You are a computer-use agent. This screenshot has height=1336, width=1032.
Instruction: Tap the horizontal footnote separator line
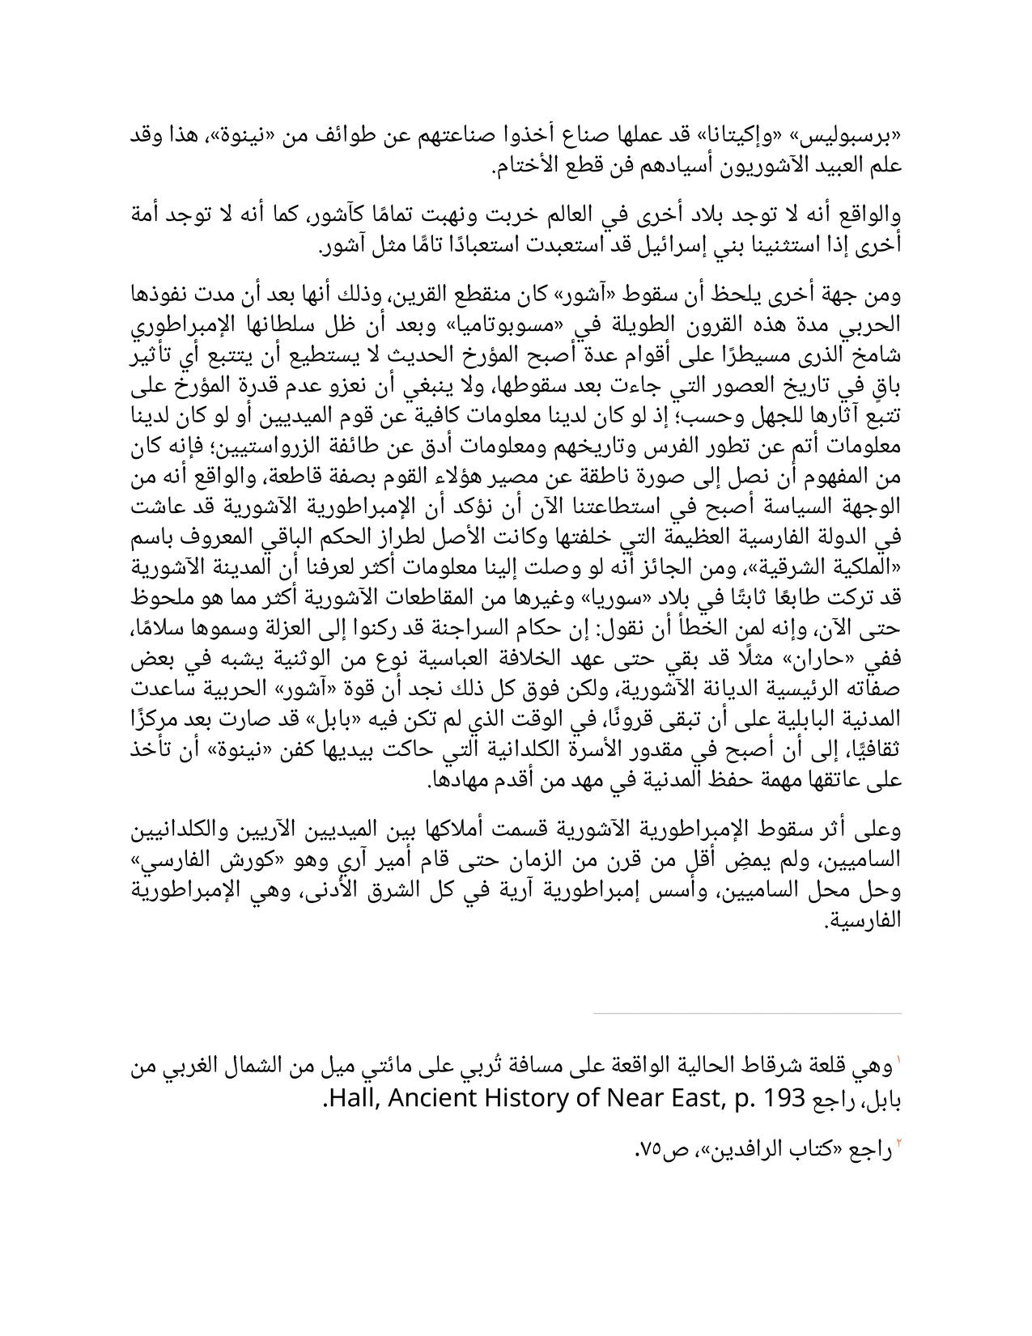tap(747, 1012)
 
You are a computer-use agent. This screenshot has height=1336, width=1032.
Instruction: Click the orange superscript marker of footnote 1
tap(898, 1060)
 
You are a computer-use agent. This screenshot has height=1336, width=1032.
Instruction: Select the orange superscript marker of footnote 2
tap(898, 1143)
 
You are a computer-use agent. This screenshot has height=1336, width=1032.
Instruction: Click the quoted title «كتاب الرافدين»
tap(779, 1150)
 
